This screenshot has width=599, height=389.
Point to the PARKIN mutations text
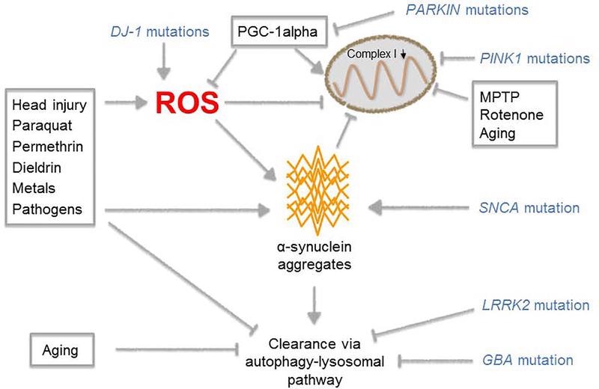468,10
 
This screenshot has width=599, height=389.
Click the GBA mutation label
527,360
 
